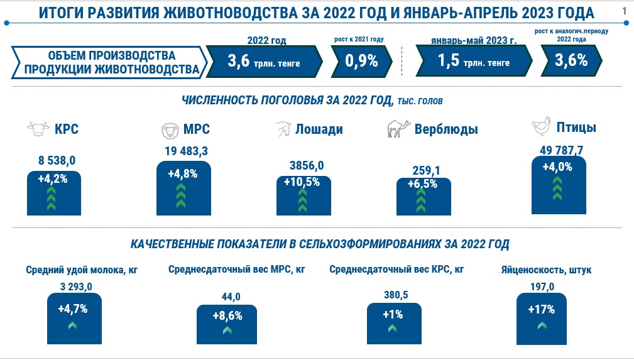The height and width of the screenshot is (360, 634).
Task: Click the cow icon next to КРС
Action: (x=38, y=129)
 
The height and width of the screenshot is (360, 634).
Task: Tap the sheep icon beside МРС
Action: (x=170, y=130)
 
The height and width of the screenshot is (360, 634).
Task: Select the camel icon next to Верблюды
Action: (x=398, y=129)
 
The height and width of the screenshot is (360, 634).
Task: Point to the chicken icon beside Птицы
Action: (x=542, y=126)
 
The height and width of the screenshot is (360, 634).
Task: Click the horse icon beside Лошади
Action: (x=284, y=129)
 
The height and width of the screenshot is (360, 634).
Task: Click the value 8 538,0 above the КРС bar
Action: (x=57, y=161)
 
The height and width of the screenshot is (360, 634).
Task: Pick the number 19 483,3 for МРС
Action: (x=186, y=151)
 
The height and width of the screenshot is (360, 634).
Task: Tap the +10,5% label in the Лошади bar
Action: (x=302, y=182)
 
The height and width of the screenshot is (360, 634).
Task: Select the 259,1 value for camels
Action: (x=426, y=171)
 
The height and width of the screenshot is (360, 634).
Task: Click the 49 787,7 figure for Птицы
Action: (x=561, y=151)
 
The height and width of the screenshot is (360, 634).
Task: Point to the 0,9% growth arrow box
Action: (x=361, y=61)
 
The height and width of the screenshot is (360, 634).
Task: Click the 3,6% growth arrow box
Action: (x=571, y=61)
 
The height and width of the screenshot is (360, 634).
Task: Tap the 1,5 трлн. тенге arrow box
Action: (x=474, y=61)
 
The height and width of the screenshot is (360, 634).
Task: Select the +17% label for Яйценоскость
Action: (x=542, y=310)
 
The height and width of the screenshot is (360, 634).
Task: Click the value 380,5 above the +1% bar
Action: (x=396, y=295)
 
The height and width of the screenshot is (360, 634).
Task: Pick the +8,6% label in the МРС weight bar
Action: (x=227, y=316)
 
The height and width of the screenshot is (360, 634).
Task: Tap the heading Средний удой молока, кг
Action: (x=82, y=270)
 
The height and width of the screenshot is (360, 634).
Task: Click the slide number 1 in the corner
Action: (x=625, y=11)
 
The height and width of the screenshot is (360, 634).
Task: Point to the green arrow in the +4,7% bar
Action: (x=72, y=325)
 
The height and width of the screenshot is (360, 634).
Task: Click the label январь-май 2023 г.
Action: (x=474, y=40)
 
